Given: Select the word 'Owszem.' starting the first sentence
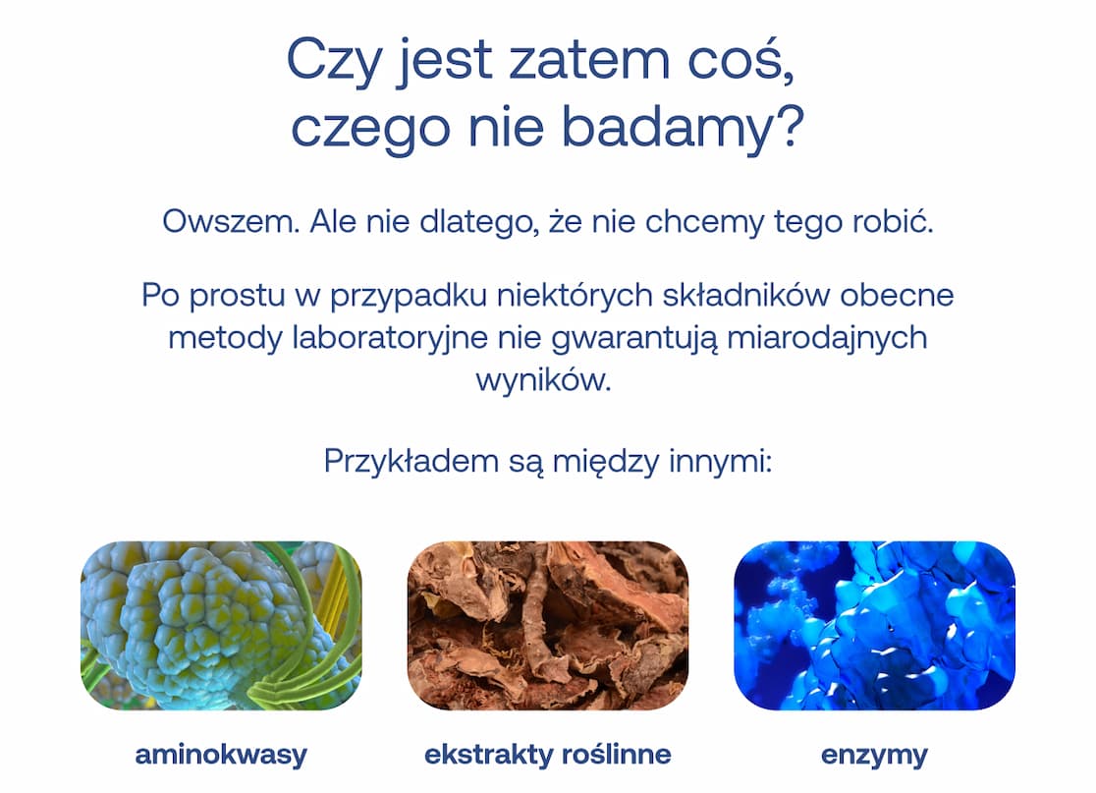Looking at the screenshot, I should point(230,222).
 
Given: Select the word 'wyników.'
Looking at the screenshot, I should point(543,379).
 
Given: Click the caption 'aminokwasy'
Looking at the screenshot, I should point(221,755).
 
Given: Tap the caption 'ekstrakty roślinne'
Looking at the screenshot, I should point(547,755).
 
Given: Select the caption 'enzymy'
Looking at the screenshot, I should point(874,755).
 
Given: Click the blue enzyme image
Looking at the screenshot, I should point(874,625).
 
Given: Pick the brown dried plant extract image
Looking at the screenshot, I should point(547,625).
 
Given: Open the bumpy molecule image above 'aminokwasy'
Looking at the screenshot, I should point(221,625).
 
